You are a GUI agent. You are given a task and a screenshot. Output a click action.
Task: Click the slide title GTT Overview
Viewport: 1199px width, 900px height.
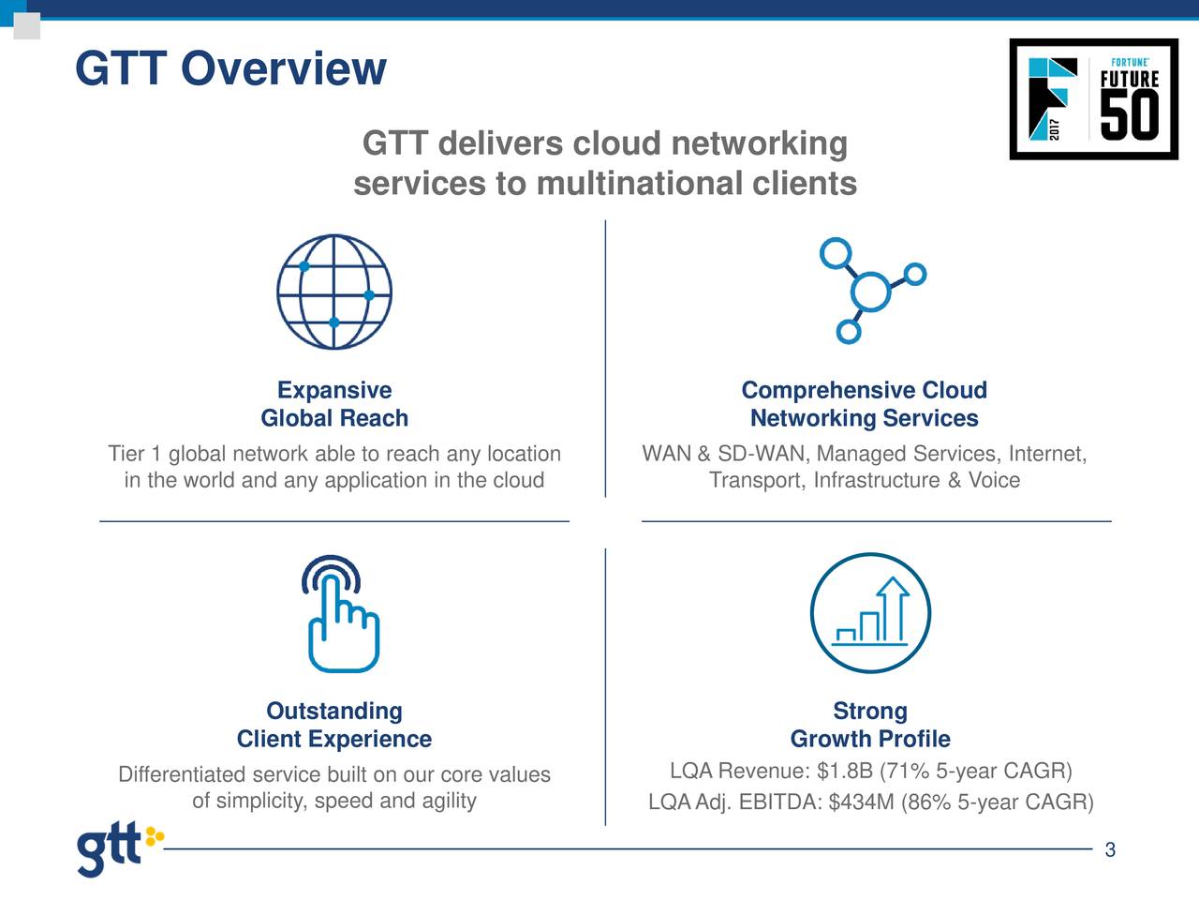[x=229, y=68]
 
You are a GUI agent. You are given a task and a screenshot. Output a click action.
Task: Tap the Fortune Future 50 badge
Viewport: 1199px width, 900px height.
[x=1093, y=99]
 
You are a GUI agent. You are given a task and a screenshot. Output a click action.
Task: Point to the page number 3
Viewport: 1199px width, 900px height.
[x=1110, y=850]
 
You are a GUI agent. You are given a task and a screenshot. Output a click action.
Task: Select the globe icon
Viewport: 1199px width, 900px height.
[x=334, y=292]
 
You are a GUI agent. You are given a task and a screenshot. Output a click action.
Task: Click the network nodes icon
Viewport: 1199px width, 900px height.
[x=870, y=291]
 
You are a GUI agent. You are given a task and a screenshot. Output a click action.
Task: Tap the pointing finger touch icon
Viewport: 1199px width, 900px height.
[x=341, y=615]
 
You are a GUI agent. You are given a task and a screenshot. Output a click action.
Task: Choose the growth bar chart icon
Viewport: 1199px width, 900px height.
[x=870, y=613]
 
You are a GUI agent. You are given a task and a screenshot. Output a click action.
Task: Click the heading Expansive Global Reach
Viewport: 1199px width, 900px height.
[x=334, y=404]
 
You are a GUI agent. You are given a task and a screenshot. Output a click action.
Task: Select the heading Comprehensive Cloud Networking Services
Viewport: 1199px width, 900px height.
[x=864, y=404]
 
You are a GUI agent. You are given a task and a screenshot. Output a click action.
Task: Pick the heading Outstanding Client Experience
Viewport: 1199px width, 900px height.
[x=334, y=725]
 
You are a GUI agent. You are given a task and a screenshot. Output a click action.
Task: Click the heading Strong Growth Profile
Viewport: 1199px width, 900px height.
[x=870, y=725]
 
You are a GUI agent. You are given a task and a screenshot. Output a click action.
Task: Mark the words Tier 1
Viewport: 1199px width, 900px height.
[x=135, y=455]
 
